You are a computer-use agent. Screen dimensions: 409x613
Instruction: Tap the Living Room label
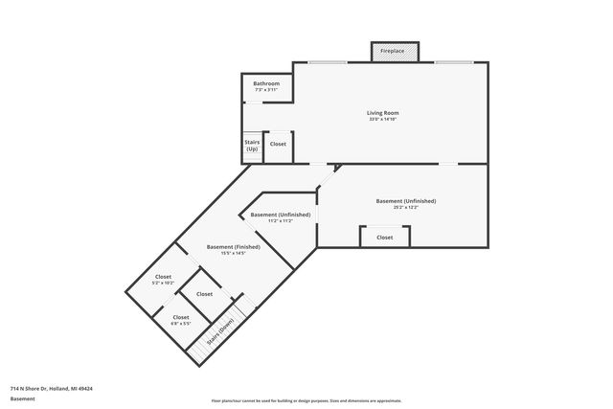tap(381, 113)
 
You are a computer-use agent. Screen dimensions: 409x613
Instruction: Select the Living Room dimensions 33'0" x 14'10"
tap(381, 120)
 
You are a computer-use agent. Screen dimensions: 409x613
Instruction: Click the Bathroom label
tap(266, 83)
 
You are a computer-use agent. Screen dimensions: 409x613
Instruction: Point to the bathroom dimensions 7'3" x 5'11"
tap(266, 90)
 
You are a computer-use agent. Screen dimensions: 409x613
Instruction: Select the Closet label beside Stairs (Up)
tap(278, 144)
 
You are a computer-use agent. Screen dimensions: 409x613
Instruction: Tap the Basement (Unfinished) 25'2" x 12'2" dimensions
tap(405, 207)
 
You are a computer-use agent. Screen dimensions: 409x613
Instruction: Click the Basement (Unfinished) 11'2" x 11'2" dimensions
tap(281, 221)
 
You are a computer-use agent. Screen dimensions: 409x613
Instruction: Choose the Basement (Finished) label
tap(234, 246)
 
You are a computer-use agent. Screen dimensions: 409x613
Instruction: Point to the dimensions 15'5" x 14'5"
tap(234, 253)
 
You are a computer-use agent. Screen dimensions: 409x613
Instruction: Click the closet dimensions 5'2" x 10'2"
tap(163, 284)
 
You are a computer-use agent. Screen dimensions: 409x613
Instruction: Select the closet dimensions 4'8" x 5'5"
tap(180, 324)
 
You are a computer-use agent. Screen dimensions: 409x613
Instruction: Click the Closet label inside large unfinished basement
tap(384, 237)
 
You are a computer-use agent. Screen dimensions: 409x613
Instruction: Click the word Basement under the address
tap(22, 399)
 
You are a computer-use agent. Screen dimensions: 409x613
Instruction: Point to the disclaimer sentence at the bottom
tap(306, 399)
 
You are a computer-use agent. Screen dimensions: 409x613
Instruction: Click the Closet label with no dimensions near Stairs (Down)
tap(204, 294)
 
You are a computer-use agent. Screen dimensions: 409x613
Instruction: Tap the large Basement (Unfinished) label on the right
tap(405, 200)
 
